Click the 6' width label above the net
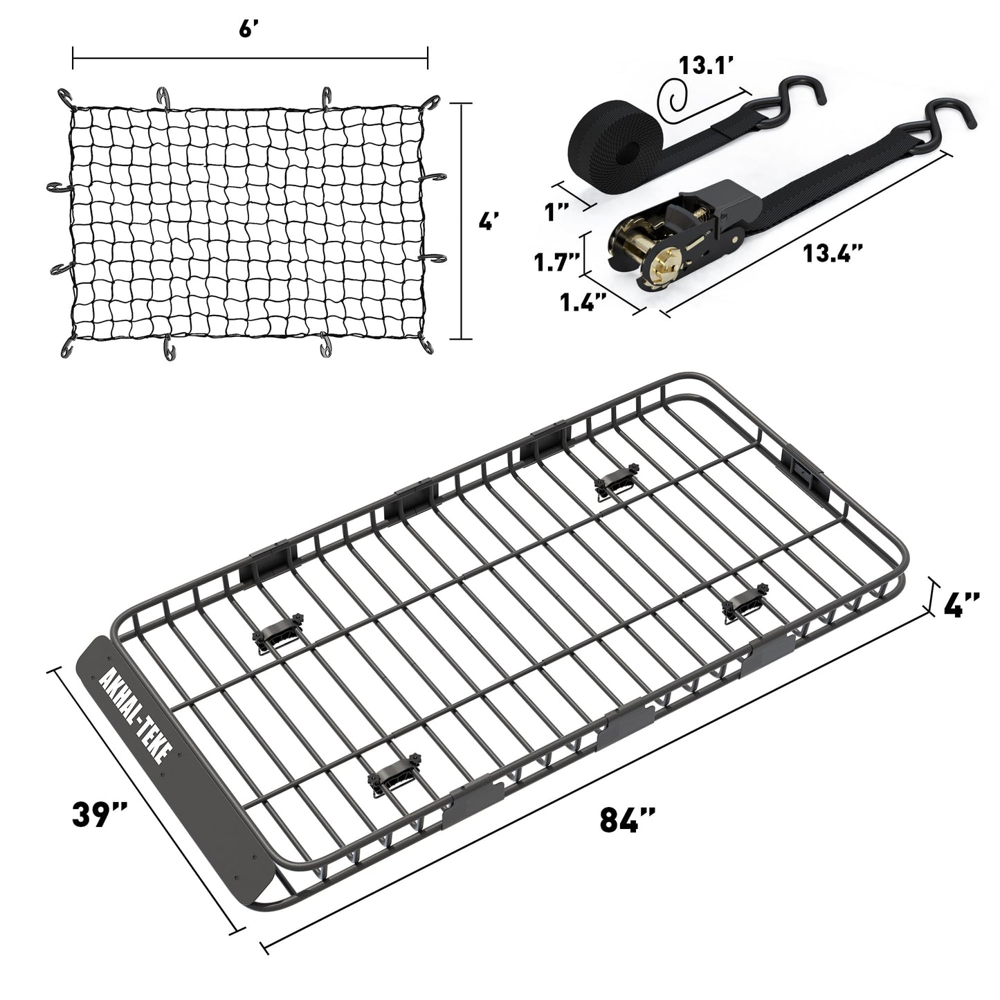pyautogui.click(x=251, y=32)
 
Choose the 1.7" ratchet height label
pyautogui.click(x=556, y=262)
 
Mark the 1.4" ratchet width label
pyautogui.click(x=583, y=302)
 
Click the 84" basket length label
pyautogui.click(x=627, y=821)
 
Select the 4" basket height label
pyautogui.click(x=961, y=605)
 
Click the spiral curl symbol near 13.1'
pyautogui.click(x=673, y=97)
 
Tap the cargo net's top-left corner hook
pyautogui.click(x=66, y=99)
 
